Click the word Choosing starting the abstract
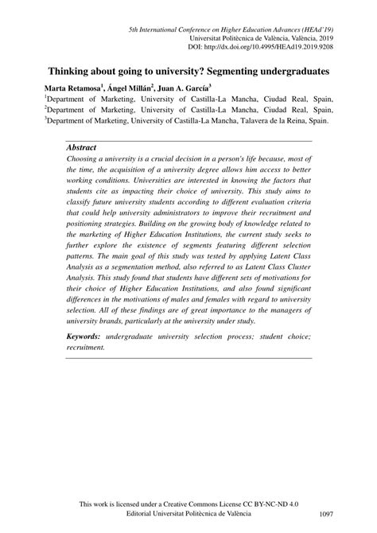pos(86,159)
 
